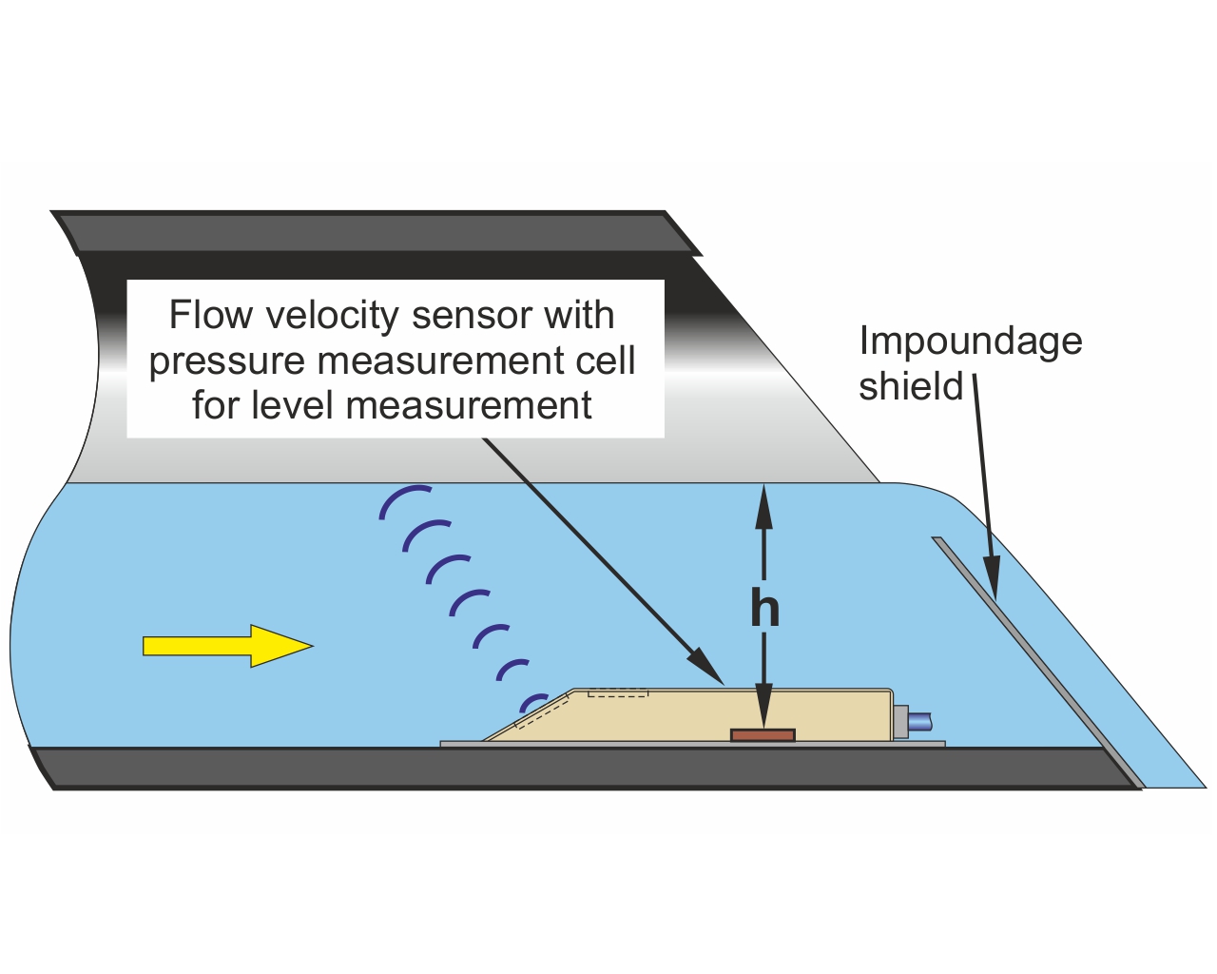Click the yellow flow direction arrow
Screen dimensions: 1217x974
pyautogui.click(x=227, y=646)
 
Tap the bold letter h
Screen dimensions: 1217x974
pyautogui.click(x=764, y=607)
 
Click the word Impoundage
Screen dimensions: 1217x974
pyautogui.click(x=971, y=341)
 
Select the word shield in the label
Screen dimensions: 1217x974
pyautogui.click(x=911, y=386)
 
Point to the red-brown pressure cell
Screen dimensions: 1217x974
pyautogui.click(x=763, y=735)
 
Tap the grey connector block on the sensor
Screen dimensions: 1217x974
pyautogui.click(x=900, y=722)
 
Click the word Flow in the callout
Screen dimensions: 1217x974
pyautogui.click(x=210, y=315)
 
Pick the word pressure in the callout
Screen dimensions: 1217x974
pyautogui.click(x=227, y=362)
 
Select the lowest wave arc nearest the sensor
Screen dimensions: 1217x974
pyautogui.click(x=531, y=701)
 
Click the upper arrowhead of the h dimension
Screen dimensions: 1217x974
pyautogui.click(x=764, y=507)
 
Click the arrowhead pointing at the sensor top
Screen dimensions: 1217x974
pyautogui.click(x=706, y=666)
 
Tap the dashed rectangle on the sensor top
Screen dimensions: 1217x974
pyautogui.click(x=618, y=692)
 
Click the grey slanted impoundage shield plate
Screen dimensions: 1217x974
pyautogui.click(x=1038, y=662)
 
